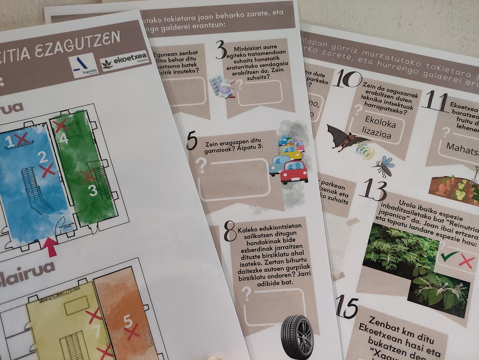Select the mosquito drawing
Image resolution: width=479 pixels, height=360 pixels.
pyautogui.click(x=384, y=165)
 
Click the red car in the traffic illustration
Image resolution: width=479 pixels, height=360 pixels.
pyautogui.click(x=294, y=172)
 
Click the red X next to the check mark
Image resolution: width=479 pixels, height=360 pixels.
pyautogui.click(x=467, y=262)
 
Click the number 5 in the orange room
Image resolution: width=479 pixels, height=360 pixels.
pyautogui.click(x=127, y=320)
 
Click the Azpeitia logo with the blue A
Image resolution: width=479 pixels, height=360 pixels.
pyautogui.click(x=83, y=65)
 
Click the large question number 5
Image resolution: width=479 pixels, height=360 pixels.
pyautogui.click(x=192, y=140)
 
